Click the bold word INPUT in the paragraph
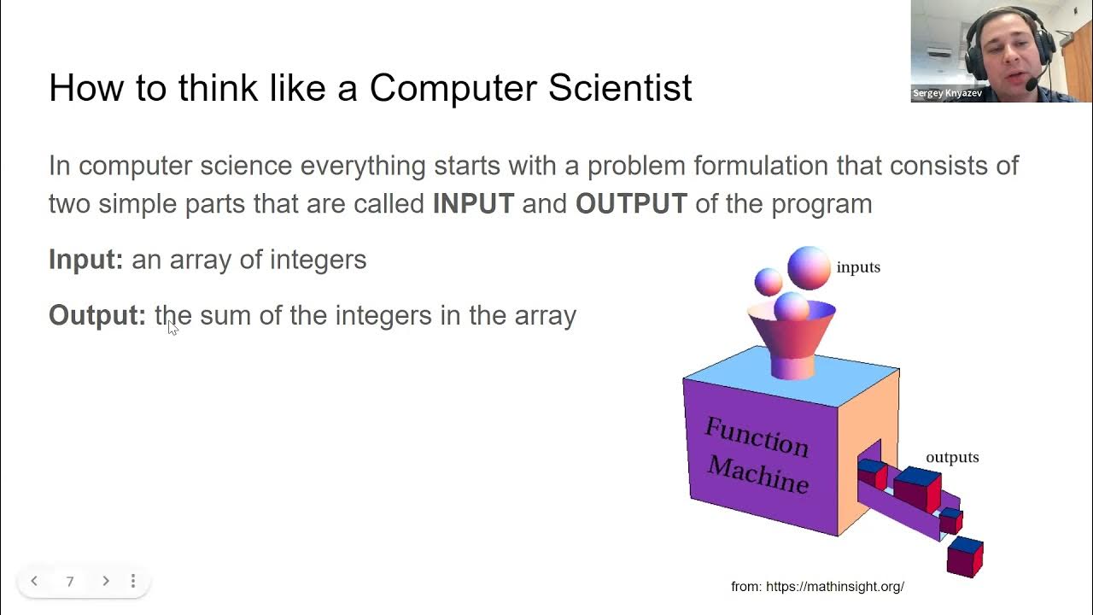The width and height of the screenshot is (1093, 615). tap(473, 204)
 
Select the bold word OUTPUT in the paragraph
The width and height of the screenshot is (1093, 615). tap(631, 204)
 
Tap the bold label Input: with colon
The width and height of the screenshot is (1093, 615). tap(86, 260)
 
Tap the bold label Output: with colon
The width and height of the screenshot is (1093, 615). tap(97, 315)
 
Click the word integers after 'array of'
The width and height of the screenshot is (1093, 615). tap(318, 260)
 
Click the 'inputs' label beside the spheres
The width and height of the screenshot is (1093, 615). tap(858, 267)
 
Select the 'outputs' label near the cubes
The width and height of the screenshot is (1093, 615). tap(952, 458)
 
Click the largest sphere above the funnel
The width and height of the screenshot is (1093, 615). tap(809, 267)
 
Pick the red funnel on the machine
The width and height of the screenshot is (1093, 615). tap(792, 342)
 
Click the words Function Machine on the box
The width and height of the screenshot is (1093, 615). tap(757, 455)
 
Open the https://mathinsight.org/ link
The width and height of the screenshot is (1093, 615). tap(834, 587)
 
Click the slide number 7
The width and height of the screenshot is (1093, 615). tap(70, 582)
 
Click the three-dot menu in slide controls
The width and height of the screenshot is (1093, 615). tap(133, 581)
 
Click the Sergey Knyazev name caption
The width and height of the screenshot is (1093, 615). tap(947, 93)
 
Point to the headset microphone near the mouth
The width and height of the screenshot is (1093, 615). tap(1032, 84)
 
